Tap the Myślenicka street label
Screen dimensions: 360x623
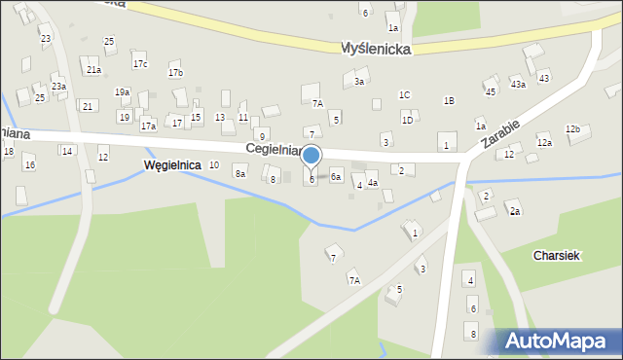click(x=376, y=48)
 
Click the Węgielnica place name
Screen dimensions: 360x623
click(x=171, y=165)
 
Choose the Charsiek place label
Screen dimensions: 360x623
click(x=557, y=255)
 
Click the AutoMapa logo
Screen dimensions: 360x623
click(x=561, y=341)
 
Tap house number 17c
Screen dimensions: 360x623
click(x=140, y=64)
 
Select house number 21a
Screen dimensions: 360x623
click(x=93, y=70)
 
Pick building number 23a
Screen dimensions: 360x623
click(x=59, y=87)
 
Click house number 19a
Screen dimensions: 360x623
click(x=122, y=91)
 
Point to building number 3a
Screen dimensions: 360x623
click(x=359, y=82)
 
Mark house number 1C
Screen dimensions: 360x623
click(x=404, y=94)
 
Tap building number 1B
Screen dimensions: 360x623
click(x=449, y=101)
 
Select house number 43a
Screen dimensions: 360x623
click(x=519, y=85)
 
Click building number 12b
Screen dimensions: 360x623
click(x=572, y=129)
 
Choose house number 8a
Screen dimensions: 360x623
click(x=239, y=174)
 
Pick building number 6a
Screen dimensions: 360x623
click(x=335, y=177)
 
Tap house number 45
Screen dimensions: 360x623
click(x=491, y=91)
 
